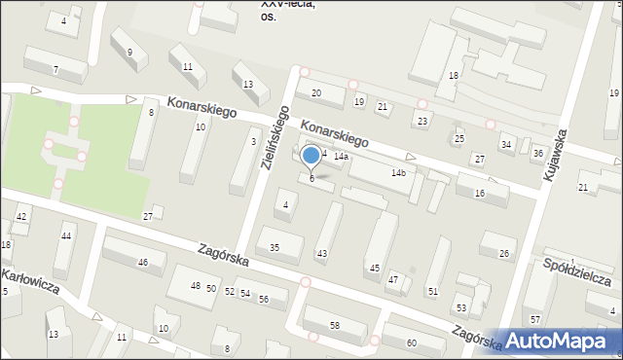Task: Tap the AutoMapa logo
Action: (x=565, y=341)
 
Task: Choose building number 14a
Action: (x=341, y=157)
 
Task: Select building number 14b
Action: (x=398, y=173)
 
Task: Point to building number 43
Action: (x=322, y=254)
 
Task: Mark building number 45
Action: (x=375, y=268)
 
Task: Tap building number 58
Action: (x=335, y=324)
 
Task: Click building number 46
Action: (x=143, y=263)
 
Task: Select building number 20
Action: (x=315, y=92)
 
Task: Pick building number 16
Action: (x=479, y=194)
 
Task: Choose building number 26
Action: (x=504, y=254)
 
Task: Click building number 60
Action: (x=412, y=342)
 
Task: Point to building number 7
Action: (x=55, y=69)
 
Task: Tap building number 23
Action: (x=421, y=121)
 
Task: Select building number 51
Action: (x=433, y=291)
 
